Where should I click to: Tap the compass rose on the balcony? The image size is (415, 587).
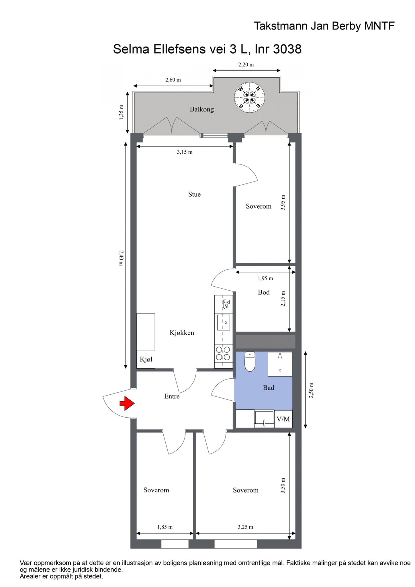point(250,97)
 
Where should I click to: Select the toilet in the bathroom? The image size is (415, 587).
point(250,361)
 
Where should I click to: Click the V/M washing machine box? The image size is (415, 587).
point(283,419)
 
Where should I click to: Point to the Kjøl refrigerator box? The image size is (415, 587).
point(146,359)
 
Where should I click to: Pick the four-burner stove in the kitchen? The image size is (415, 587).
point(223,353)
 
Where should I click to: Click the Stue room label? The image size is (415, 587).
point(194,194)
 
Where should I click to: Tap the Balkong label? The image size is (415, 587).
point(202,109)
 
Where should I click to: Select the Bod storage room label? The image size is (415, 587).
point(264,292)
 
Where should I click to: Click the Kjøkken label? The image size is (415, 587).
point(182,332)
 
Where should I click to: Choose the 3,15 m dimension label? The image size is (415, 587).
point(185,152)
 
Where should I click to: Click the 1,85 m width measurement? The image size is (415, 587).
point(165,527)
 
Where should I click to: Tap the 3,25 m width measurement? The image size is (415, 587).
point(245,527)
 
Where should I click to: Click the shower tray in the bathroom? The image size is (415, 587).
point(280,364)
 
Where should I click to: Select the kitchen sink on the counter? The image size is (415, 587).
point(224,322)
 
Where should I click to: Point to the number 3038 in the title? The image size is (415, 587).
point(287,49)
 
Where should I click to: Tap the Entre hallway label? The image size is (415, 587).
point(172,396)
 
